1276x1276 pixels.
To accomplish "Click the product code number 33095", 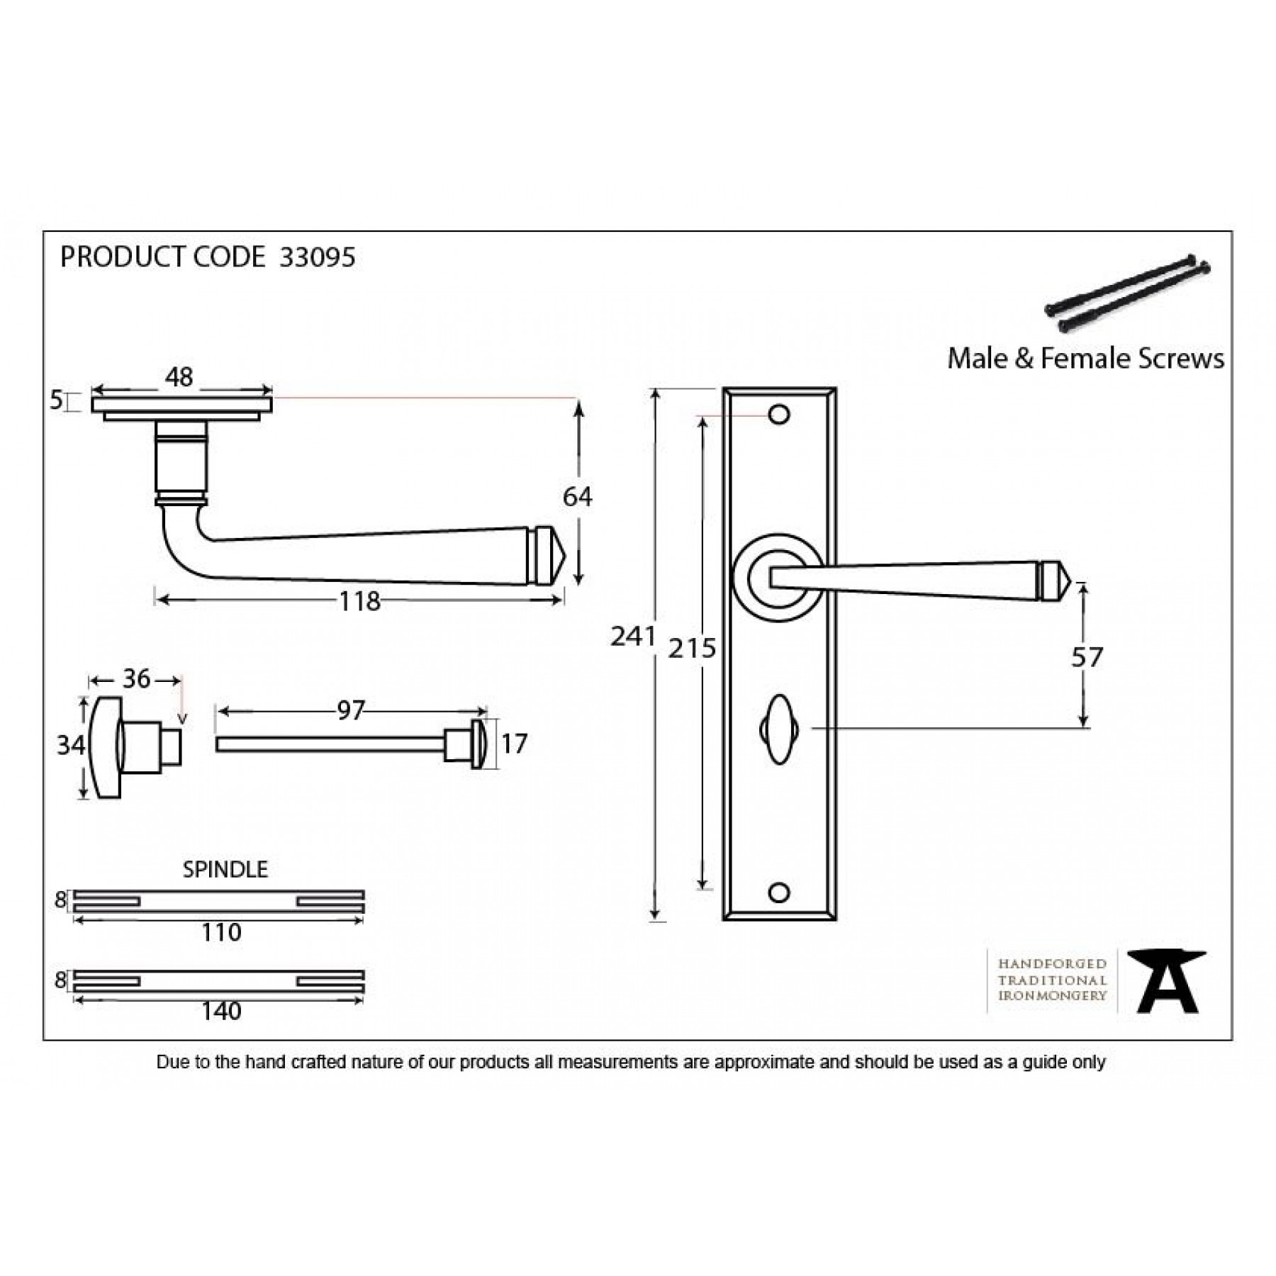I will click(317, 257).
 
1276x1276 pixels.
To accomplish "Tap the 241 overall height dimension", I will click(632, 637).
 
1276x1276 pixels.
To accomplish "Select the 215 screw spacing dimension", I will click(692, 648).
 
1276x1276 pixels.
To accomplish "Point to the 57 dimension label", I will click(1087, 657).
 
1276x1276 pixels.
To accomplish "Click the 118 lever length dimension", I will click(359, 602).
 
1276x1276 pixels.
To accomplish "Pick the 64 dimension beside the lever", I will click(577, 497).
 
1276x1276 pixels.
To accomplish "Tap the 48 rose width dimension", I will click(179, 377).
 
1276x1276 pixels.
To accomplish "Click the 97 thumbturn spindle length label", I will click(350, 710).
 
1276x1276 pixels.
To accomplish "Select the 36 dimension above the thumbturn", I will click(136, 679).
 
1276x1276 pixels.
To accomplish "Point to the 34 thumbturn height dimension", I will click(71, 745).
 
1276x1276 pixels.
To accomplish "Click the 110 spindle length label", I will click(221, 932).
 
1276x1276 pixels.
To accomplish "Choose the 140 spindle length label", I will click(221, 1011).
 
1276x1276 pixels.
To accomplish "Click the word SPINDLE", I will click(225, 869).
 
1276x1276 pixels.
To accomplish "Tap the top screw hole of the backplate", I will click(779, 415).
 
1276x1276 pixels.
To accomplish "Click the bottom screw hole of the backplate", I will click(779, 893).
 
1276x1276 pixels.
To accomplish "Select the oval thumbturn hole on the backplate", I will click(779, 729).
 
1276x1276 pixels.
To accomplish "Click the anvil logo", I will click(1166, 981).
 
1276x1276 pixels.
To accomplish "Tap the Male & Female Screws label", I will click(1085, 359).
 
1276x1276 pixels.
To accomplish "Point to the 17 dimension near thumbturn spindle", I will click(514, 744).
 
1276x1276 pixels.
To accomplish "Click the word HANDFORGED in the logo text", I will click(1052, 964).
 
